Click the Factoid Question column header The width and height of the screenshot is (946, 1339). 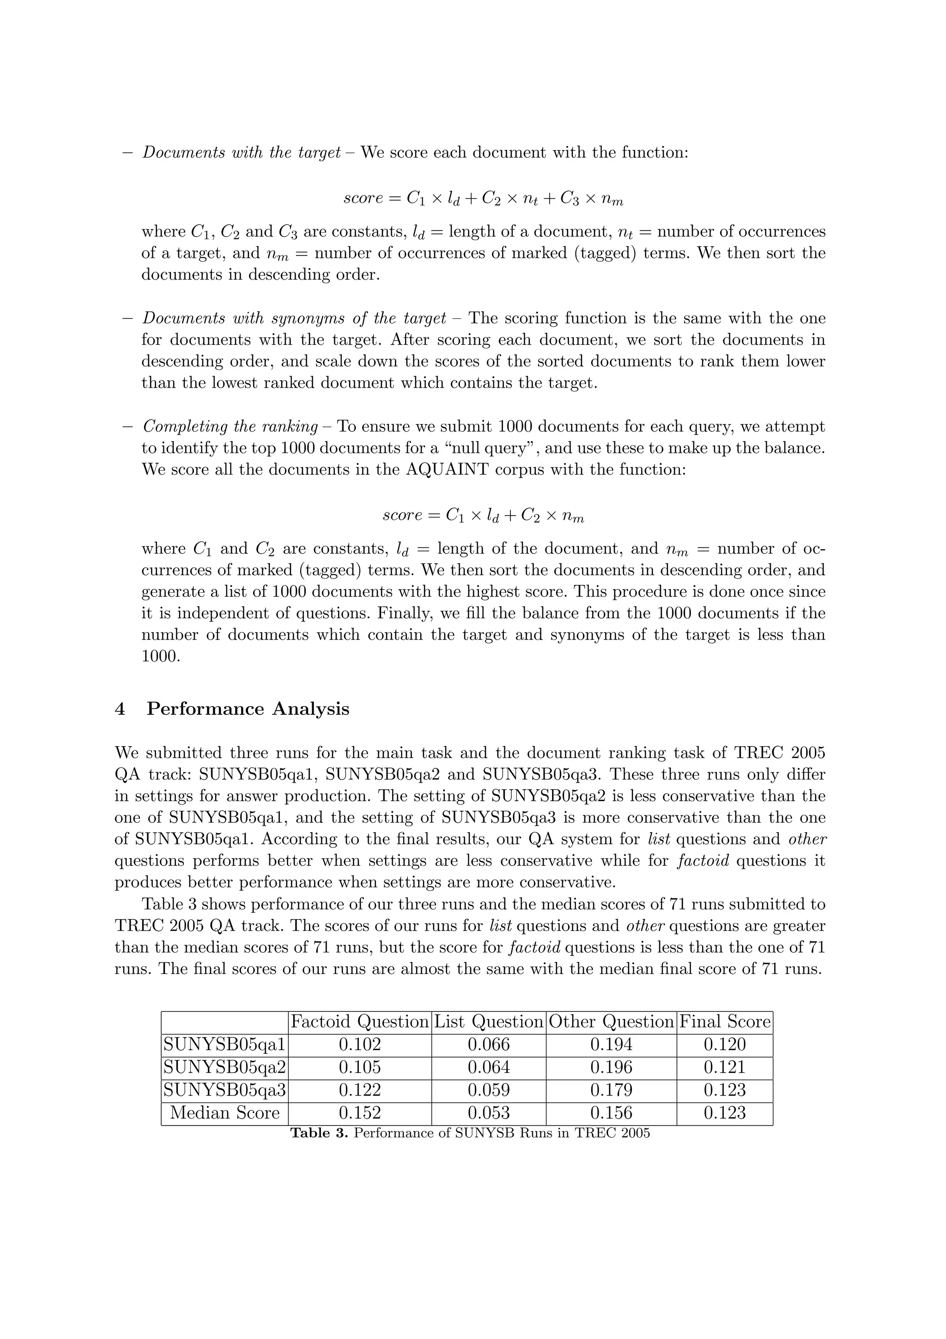(360, 1022)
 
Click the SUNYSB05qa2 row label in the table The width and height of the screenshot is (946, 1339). (225, 1067)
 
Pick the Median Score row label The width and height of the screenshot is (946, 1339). (225, 1113)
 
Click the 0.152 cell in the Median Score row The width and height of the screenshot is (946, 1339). (360, 1113)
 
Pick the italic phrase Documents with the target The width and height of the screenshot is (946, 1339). (241, 153)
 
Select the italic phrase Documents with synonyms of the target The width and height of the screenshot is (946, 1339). (294, 318)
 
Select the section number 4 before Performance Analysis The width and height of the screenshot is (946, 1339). (120, 709)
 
